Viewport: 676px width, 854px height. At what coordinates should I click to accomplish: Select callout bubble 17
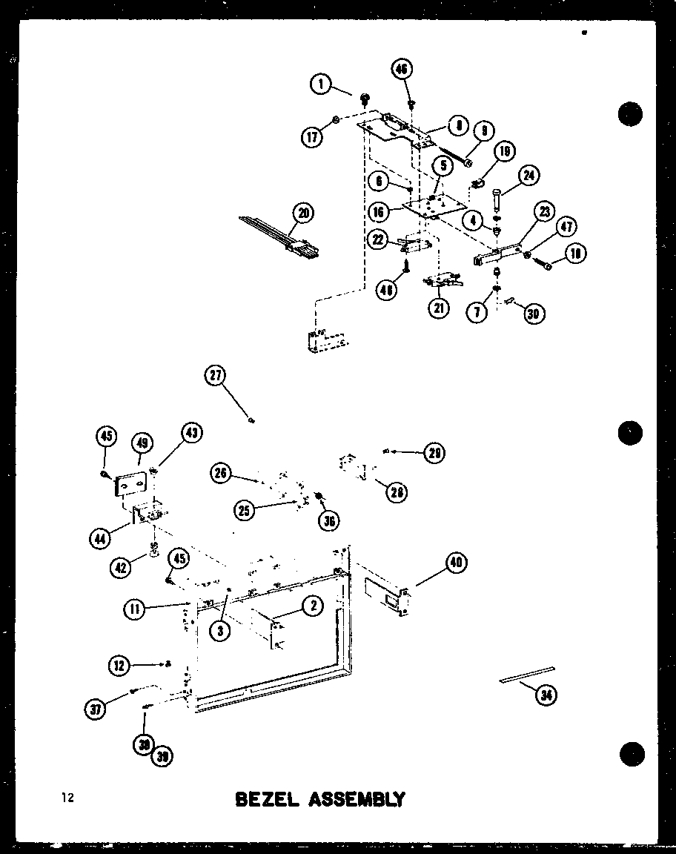312,136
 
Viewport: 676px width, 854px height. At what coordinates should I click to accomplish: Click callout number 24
529,176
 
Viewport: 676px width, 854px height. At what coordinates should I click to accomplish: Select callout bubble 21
440,307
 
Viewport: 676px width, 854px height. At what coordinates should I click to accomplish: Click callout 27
215,377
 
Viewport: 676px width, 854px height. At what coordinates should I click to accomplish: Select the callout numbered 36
328,521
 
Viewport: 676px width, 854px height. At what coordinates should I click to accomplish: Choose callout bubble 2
313,606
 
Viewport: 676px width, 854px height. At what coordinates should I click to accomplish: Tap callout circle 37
96,709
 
